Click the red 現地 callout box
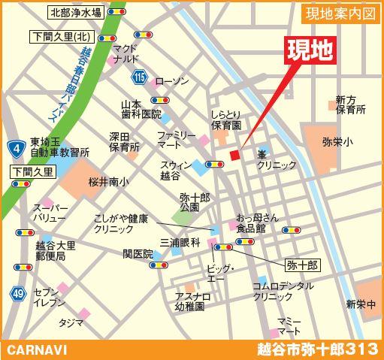310,51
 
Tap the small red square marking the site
234,156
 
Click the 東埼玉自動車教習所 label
59,147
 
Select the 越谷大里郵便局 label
56,250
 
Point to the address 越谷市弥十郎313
316,349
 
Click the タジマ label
71,322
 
